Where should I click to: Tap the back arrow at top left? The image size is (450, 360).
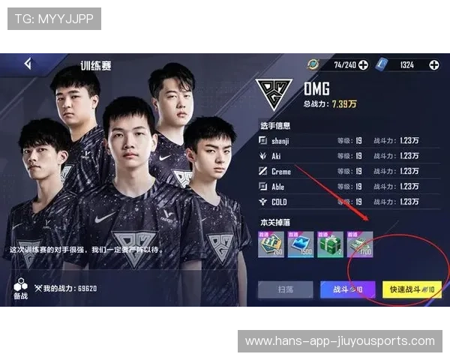(28, 64)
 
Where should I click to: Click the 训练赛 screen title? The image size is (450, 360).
(96, 65)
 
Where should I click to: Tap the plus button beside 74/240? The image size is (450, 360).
(363, 65)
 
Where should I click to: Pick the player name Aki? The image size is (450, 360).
(277, 156)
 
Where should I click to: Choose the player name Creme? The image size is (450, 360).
(281, 172)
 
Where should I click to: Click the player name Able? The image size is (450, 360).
(279, 187)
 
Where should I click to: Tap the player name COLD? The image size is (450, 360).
(280, 202)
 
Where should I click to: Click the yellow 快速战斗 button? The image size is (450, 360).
(412, 289)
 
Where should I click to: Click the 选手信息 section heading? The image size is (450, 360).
(274, 125)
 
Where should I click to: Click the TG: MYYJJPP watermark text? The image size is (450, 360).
(54, 19)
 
